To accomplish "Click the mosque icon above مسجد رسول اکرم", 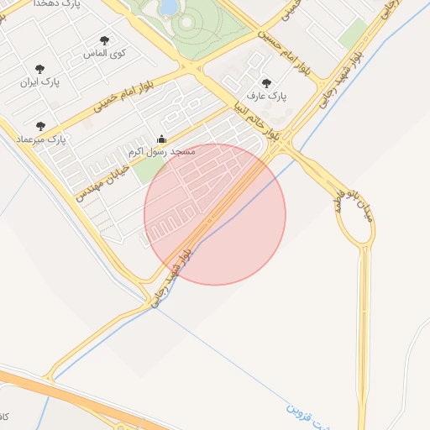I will tap(162, 139).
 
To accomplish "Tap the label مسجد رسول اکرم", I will tap(162, 152).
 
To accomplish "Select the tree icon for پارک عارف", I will tap(267, 83).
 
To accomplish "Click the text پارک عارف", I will tap(268, 96).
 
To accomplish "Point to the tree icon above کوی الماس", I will tap(104, 40).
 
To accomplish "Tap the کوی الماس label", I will tap(105, 53).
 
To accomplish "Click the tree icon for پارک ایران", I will tap(39, 70).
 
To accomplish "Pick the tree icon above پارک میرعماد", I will tap(40, 126).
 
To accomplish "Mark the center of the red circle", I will tap(215, 215).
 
